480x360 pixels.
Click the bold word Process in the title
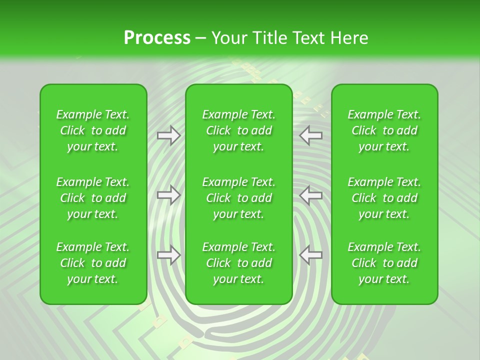(x=157, y=37)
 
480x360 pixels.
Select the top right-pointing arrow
(x=168, y=135)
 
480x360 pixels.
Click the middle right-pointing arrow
(x=168, y=195)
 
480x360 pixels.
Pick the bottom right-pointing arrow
(x=168, y=255)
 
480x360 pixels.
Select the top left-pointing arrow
(x=311, y=135)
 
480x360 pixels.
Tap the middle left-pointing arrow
(x=311, y=195)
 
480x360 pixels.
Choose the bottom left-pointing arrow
(x=311, y=255)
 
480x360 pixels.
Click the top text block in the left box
(x=93, y=130)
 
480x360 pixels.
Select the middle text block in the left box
(x=93, y=198)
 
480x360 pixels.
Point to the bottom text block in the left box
(x=93, y=263)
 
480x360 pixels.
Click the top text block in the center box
(x=239, y=130)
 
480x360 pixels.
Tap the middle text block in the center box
(x=239, y=198)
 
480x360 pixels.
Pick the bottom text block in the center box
(x=239, y=263)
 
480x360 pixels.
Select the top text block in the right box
(x=384, y=130)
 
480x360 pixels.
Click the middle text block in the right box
(x=384, y=198)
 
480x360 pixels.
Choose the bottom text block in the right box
(x=384, y=263)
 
